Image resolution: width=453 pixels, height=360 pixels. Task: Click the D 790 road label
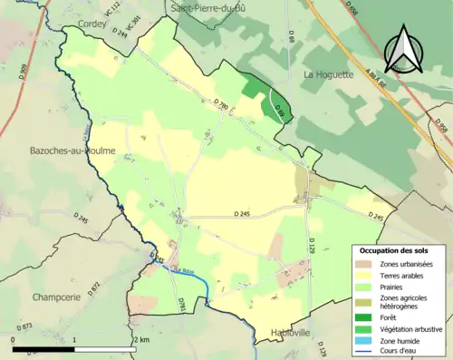pyautogui.click(x=221, y=107)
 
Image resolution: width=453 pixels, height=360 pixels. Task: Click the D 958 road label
pyautogui.click(x=442, y=131)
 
